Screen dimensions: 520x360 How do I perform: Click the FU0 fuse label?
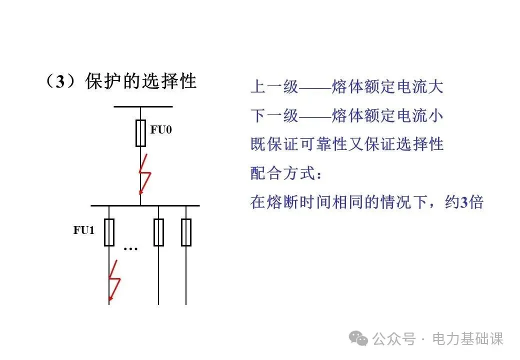161,130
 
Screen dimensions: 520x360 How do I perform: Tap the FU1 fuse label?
83,230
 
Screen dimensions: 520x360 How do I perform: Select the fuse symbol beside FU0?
140,133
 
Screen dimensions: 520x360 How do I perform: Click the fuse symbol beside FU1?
109,232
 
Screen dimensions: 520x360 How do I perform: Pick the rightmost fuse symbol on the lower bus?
186,232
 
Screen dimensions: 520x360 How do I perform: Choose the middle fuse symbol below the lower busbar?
158,232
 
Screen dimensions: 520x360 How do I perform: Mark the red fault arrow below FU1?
114,280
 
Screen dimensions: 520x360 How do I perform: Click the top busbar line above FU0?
143,106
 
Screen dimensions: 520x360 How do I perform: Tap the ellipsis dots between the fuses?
130,248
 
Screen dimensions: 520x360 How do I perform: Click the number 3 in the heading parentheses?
60,82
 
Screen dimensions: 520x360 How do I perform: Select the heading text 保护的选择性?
141,81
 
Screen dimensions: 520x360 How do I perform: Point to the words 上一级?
274,87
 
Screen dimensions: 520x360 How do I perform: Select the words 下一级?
274,116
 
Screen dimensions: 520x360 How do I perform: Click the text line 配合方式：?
287,173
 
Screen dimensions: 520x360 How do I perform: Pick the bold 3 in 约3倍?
464,202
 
